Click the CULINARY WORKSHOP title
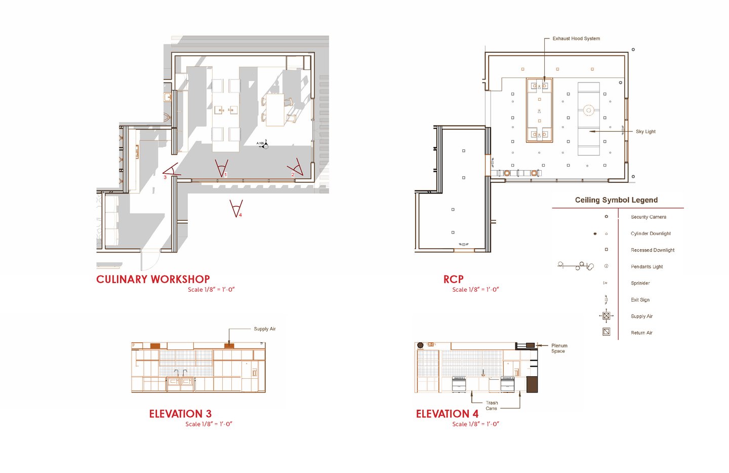(153, 280)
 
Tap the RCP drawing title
(454, 280)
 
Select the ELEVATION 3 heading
(180, 414)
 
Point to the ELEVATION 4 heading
(447, 414)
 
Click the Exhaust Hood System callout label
(576, 38)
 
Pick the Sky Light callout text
(645, 132)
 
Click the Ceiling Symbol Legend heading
(617, 200)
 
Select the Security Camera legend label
(649, 217)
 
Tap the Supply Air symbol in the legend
(606, 316)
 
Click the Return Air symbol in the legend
(606, 332)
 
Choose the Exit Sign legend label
(640, 300)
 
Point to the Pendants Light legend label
(646, 266)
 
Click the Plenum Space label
(559, 348)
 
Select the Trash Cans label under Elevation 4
(492, 406)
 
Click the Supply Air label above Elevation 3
(265, 329)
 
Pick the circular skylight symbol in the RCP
(588, 110)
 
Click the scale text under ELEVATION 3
(209, 424)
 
